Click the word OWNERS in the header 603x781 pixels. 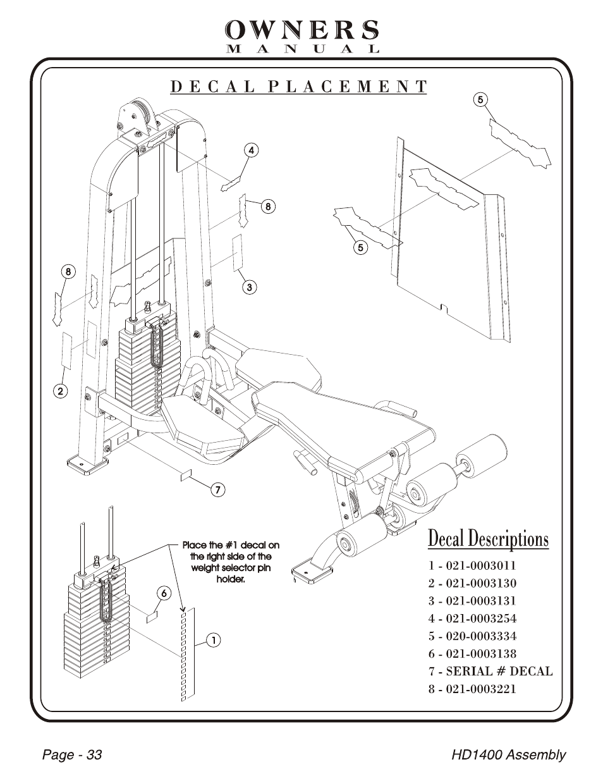point(302,30)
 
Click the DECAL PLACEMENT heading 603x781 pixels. point(298,87)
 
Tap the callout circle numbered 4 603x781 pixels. point(251,151)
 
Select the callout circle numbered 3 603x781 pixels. point(249,286)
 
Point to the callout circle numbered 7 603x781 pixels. point(217,489)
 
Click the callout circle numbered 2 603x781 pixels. point(60,390)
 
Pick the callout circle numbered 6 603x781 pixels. point(164,593)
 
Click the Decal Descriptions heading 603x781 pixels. point(488,539)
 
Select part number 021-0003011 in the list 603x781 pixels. point(472,565)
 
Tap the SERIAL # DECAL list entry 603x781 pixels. point(490,671)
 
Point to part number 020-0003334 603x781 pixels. point(472,636)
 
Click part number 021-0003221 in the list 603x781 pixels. point(472,689)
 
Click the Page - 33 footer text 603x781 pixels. point(71,755)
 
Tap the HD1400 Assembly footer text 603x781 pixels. point(508,755)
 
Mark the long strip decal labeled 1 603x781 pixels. point(188,655)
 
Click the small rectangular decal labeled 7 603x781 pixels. point(186,475)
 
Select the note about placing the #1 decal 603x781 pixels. point(231,562)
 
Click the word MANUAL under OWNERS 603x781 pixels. point(302,49)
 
